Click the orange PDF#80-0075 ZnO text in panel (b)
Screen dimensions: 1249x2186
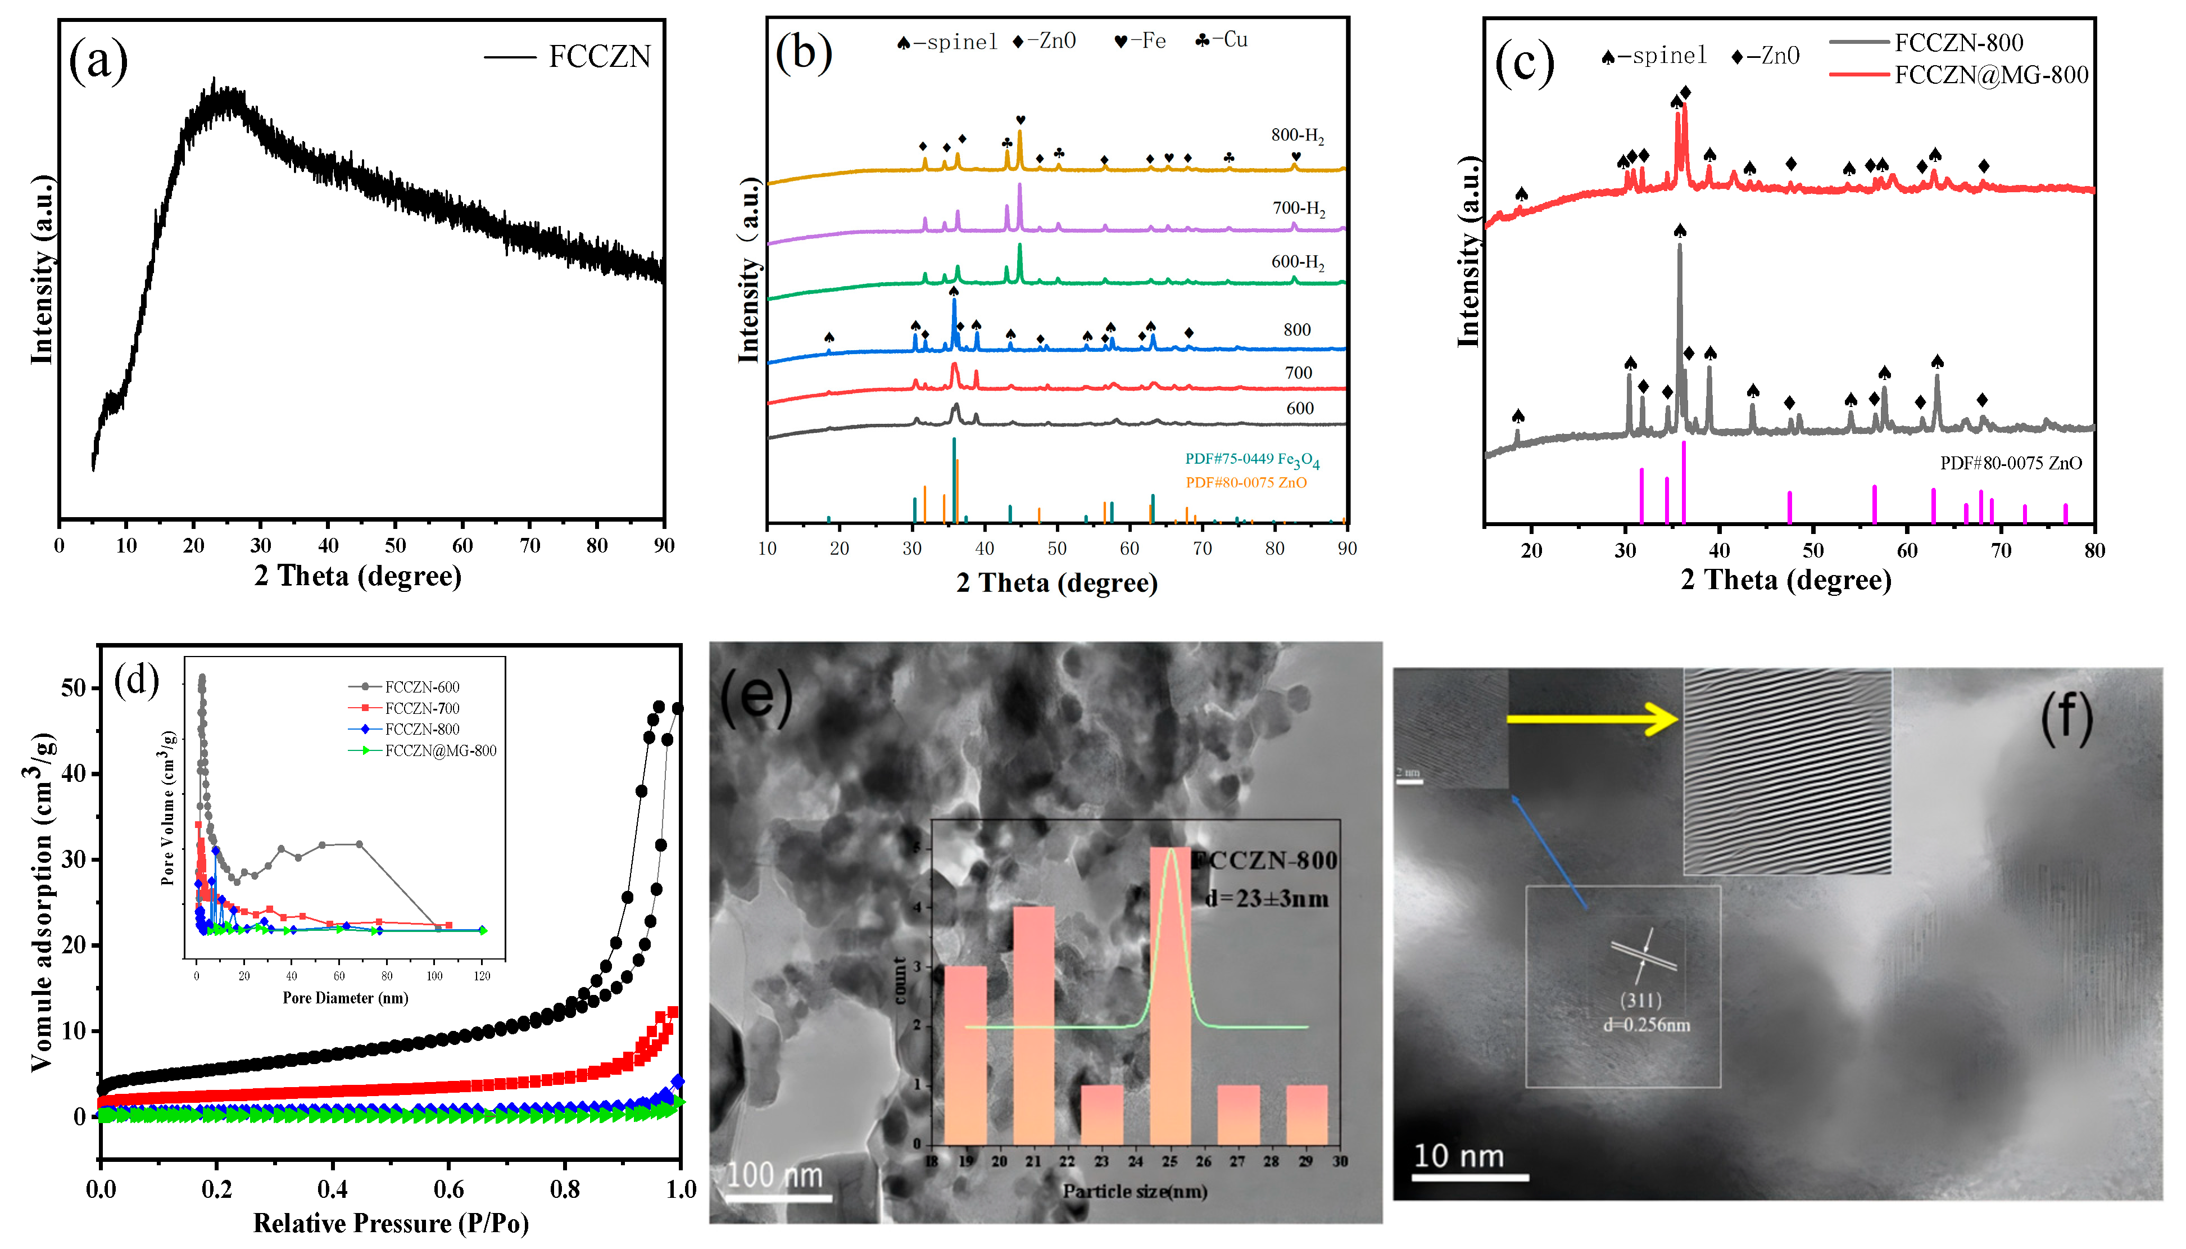click(x=1245, y=483)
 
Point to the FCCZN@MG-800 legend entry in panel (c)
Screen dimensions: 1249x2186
click(x=1990, y=75)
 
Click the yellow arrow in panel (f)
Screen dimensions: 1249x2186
click(x=1591, y=719)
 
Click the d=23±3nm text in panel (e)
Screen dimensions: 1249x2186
click(x=1266, y=899)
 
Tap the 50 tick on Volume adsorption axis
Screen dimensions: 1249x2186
click(x=74, y=688)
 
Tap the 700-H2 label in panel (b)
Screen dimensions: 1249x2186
click(x=1298, y=209)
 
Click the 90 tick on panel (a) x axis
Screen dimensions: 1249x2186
click(x=663, y=546)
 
